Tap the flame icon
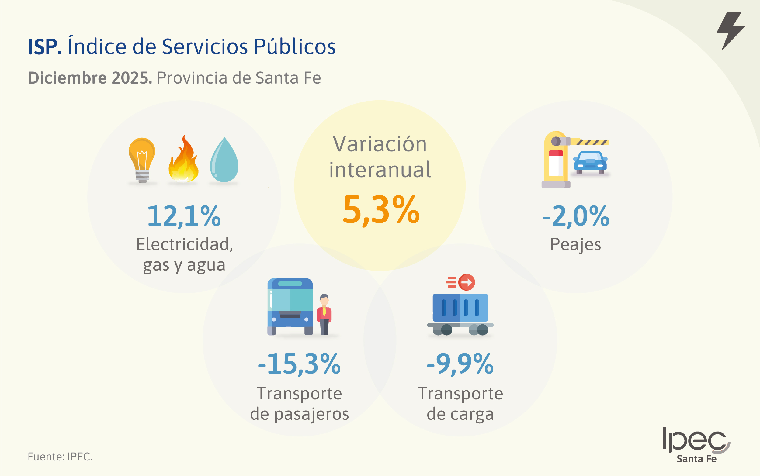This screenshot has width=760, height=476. pyautogui.click(x=183, y=160)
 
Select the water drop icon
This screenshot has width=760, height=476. pyautogui.click(x=224, y=160)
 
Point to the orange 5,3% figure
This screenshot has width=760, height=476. pyautogui.click(x=381, y=210)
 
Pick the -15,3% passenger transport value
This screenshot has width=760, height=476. pyautogui.click(x=299, y=364)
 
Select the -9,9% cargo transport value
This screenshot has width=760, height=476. pyautogui.click(x=460, y=364)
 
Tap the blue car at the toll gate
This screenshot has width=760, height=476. pyautogui.click(x=590, y=162)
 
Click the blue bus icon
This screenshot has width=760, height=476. pyautogui.click(x=290, y=306)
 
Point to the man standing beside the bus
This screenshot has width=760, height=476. pyautogui.click(x=324, y=314)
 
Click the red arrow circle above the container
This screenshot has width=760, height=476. pyautogui.click(x=467, y=282)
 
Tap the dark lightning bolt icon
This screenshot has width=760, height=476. pyautogui.click(x=731, y=30)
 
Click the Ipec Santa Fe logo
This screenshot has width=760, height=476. pyautogui.click(x=696, y=445)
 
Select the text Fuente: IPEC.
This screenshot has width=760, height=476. pyautogui.click(x=60, y=457)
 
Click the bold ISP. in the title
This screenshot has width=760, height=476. pyautogui.click(x=45, y=47)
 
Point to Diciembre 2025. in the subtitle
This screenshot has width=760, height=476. pyautogui.click(x=90, y=78)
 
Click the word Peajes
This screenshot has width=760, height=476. pyautogui.click(x=575, y=245)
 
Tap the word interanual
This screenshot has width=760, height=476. pyautogui.click(x=380, y=170)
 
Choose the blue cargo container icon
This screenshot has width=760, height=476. pyautogui.click(x=460, y=308)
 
